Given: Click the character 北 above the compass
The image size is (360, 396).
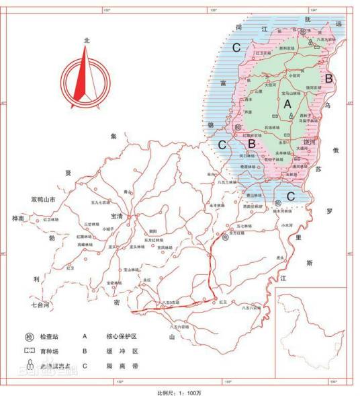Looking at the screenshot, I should pos(86,40).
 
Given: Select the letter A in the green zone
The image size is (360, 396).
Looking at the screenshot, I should pos(287,104).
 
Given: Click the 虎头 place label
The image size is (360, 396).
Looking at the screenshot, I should pos(279,257).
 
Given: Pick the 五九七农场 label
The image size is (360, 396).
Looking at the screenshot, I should pos(99,202).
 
